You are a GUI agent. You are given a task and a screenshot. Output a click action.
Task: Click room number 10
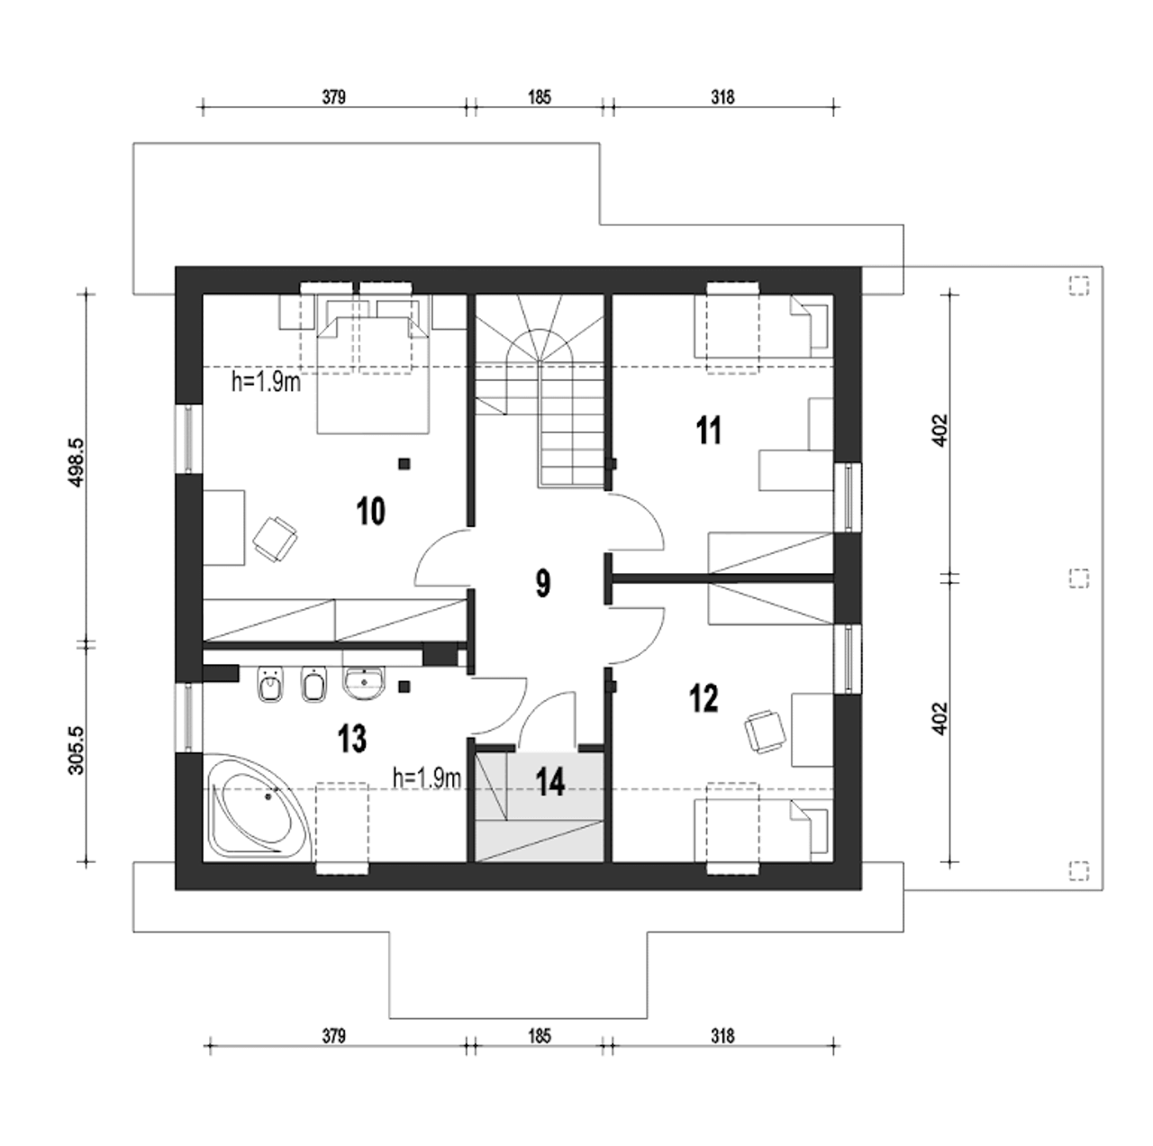pyautogui.click(x=371, y=512)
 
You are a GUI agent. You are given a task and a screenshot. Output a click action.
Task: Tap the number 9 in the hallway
pyautogui.click(x=542, y=584)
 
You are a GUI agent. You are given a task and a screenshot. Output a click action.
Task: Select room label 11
pyautogui.click(x=709, y=431)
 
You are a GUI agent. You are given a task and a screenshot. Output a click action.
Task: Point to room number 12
pyautogui.click(x=704, y=699)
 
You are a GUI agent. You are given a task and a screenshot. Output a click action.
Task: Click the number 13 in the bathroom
pyautogui.click(x=352, y=739)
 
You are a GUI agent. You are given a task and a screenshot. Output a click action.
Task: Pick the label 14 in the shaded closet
pyautogui.click(x=550, y=783)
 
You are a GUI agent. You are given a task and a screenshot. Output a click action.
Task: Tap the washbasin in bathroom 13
pyautogui.click(x=364, y=683)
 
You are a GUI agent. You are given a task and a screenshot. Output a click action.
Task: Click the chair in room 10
pyautogui.click(x=275, y=539)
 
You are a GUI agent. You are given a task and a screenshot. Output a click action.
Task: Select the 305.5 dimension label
pyautogui.click(x=77, y=750)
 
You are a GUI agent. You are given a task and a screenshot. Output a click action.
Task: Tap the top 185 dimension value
pyautogui.click(x=539, y=97)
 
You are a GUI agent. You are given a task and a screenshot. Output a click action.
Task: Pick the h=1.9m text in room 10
pyautogui.click(x=267, y=382)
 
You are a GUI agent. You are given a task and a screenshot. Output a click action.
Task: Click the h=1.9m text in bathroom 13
pyautogui.click(x=427, y=778)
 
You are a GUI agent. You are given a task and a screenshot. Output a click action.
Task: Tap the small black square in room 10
pyautogui.click(x=405, y=463)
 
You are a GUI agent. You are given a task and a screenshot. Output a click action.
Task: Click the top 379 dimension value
pyautogui.click(x=334, y=97)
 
